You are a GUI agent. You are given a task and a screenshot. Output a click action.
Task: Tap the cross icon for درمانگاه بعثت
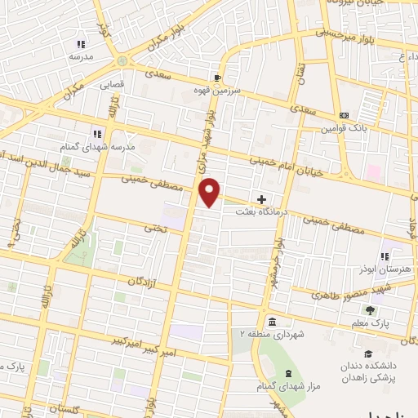tap(261, 199)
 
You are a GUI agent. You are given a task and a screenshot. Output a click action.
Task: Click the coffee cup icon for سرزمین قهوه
tap(217, 78)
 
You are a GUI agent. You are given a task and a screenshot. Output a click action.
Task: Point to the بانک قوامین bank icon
tap(345, 116)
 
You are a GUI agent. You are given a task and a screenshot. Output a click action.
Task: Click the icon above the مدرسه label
tap(80, 44)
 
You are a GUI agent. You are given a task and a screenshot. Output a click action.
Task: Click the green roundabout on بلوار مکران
tap(122, 61)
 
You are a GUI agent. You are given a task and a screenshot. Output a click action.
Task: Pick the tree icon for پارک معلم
tap(370, 311)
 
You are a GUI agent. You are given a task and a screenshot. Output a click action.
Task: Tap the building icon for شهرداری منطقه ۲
tap(271, 322)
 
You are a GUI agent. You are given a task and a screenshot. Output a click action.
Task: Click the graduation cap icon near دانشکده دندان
tap(370, 354)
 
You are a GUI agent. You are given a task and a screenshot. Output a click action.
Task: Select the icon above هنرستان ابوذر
tap(384, 256)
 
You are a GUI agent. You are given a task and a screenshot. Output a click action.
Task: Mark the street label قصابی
tap(112, 84)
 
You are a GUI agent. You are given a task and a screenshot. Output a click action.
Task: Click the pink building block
tap(374, 174)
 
